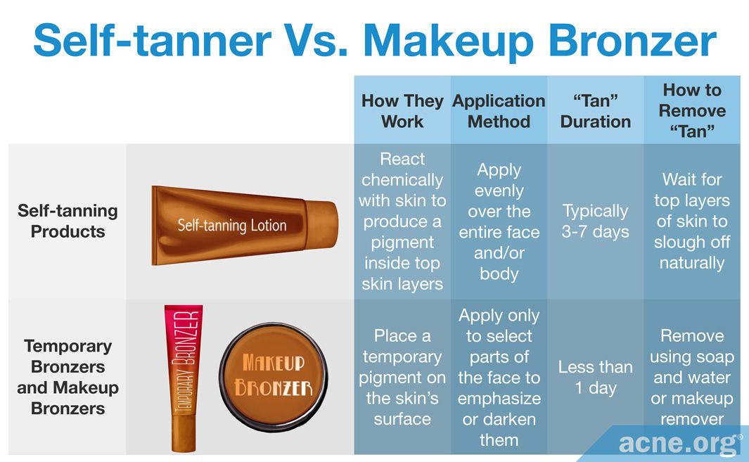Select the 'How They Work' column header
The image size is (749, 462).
click(x=402, y=111)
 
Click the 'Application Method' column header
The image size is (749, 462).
click(x=499, y=111)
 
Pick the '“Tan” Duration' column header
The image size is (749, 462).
click(x=595, y=111)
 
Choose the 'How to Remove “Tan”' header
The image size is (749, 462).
click(x=692, y=110)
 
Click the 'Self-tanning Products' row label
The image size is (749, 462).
click(x=68, y=221)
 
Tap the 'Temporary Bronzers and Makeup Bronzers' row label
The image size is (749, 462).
click(x=68, y=377)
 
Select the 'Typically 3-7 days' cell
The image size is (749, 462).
click(x=595, y=222)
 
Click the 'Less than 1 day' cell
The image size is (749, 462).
click(x=595, y=377)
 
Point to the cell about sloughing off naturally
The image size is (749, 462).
click(x=692, y=222)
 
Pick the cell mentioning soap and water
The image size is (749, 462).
click(x=692, y=377)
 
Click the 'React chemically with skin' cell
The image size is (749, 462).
click(x=402, y=222)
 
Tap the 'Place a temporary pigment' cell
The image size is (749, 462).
click(x=402, y=377)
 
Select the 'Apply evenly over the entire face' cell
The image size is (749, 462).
click(x=499, y=222)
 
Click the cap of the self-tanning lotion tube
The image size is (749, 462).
click(x=321, y=225)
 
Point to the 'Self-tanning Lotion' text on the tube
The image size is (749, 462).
click(x=232, y=225)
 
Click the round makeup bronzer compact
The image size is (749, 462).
click(x=274, y=376)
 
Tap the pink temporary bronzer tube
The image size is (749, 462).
click(x=184, y=378)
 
